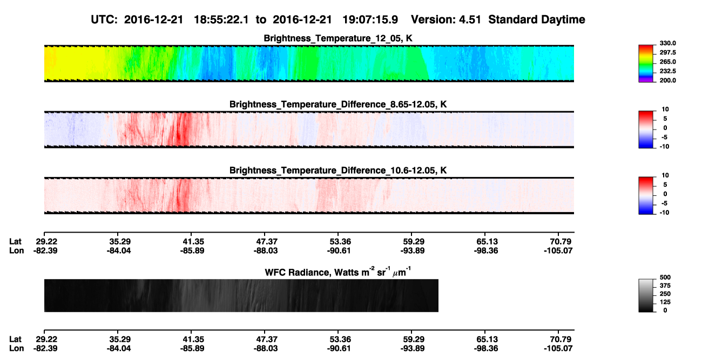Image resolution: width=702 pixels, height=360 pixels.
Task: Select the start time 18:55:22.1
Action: [x=221, y=20]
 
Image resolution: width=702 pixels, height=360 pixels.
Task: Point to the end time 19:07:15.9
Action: [x=370, y=20]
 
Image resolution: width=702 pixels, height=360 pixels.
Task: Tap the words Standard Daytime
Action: [x=537, y=20]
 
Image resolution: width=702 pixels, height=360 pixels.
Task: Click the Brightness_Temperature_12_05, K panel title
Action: [x=338, y=38]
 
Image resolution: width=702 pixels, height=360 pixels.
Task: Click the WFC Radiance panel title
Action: [x=337, y=272]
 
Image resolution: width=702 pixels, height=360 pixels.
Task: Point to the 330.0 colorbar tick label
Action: [x=667, y=43]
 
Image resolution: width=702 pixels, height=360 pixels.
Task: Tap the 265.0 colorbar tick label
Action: [x=667, y=62]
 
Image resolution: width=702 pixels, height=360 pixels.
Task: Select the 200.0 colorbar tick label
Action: [x=667, y=80]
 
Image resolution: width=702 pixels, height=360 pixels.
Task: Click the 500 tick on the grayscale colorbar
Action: [x=665, y=277]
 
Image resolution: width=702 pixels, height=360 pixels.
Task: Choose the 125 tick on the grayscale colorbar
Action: [x=665, y=302]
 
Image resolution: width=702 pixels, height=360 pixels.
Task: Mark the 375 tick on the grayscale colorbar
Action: [x=665, y=286]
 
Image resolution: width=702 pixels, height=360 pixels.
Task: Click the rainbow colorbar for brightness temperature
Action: [x=646, y=64]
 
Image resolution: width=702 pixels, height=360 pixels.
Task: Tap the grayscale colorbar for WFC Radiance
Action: [x=646, y=295]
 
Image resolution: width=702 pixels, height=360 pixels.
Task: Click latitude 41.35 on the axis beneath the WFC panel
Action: [x=193, y=339]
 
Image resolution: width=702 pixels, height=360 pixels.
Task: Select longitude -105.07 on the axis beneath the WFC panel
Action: [x=558, y=349]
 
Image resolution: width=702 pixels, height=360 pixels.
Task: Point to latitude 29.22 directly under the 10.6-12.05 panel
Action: [x=46, y=242]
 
